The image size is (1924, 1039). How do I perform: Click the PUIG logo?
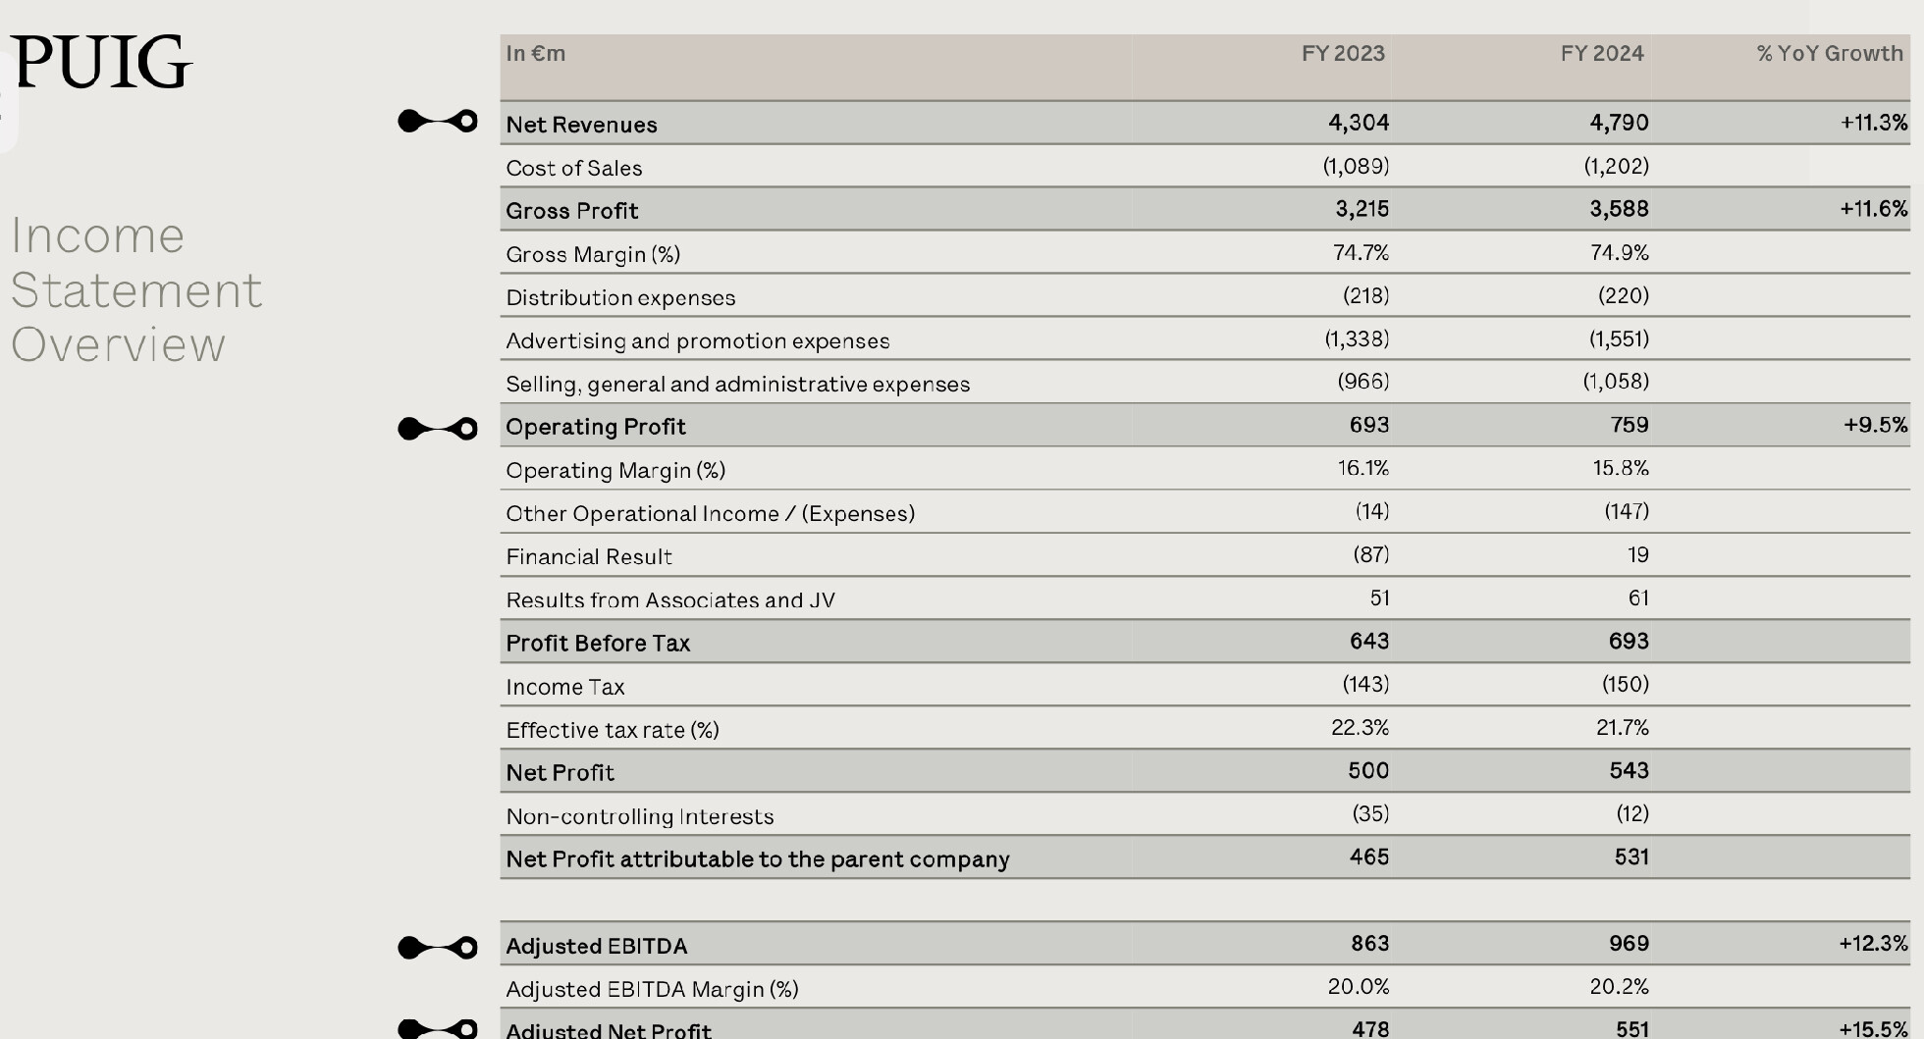pyautogui.click(x=101, y=62)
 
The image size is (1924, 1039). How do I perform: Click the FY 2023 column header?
pyautogui.click(x=1342, y=54)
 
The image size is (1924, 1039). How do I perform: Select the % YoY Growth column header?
pyautogui.click(x=1829, y=54)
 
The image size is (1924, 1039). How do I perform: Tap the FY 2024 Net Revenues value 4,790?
pyautogui.click(x=1619, y=123)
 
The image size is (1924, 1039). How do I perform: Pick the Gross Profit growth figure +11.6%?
pyautogui.click(x=1873, y=209)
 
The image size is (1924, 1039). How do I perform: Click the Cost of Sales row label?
pyautogui.click(x=573, y=168)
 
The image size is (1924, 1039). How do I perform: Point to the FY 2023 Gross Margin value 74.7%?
pyautogui.click(x=1361, y=253)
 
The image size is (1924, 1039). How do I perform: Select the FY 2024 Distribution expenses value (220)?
pyautogui.click(x=1623, y=295)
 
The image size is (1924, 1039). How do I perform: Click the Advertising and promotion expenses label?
pyautogui.click(x=697, y=340)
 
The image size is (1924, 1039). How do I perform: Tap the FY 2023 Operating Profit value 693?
pyautogui.click(x=1368, y=425)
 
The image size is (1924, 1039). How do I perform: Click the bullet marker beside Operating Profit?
pyautogui.click(x=438, y=429)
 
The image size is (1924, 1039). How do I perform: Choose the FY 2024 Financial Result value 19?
pyautogui.click(x=1637, y=555)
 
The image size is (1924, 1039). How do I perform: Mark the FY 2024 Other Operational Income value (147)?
pyautogui.click(x=1626, y=511)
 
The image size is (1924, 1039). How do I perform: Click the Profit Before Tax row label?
pyautogui.click(x=598, y=644)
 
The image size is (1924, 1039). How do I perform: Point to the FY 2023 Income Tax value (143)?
pyautogui.click(x=1365, y=684)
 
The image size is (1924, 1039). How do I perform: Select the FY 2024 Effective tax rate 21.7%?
pyautogui.click(x=1622, y=728)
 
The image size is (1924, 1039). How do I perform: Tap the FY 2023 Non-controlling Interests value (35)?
pyautogui.click(x=1370, y=813)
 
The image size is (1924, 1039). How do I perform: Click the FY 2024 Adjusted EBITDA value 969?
pyautogui.click(x=1629, y=944)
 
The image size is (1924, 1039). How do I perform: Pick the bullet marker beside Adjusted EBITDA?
pyautogui.click(x=438, y=948)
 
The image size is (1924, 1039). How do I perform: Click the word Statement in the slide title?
pyautogui.click(x=136, y=290)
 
